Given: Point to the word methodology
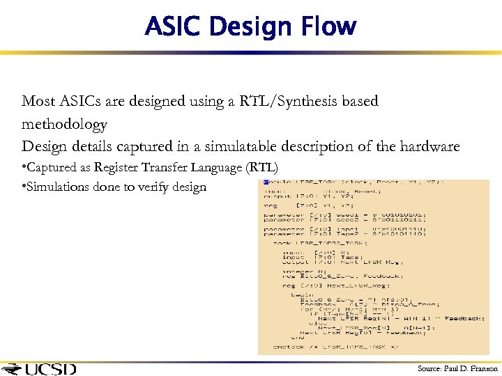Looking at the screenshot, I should (64, 125).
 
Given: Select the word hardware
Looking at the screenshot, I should (429, 147).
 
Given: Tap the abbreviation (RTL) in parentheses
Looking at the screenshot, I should (261, 168).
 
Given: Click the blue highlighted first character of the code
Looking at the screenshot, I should (266, 182).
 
